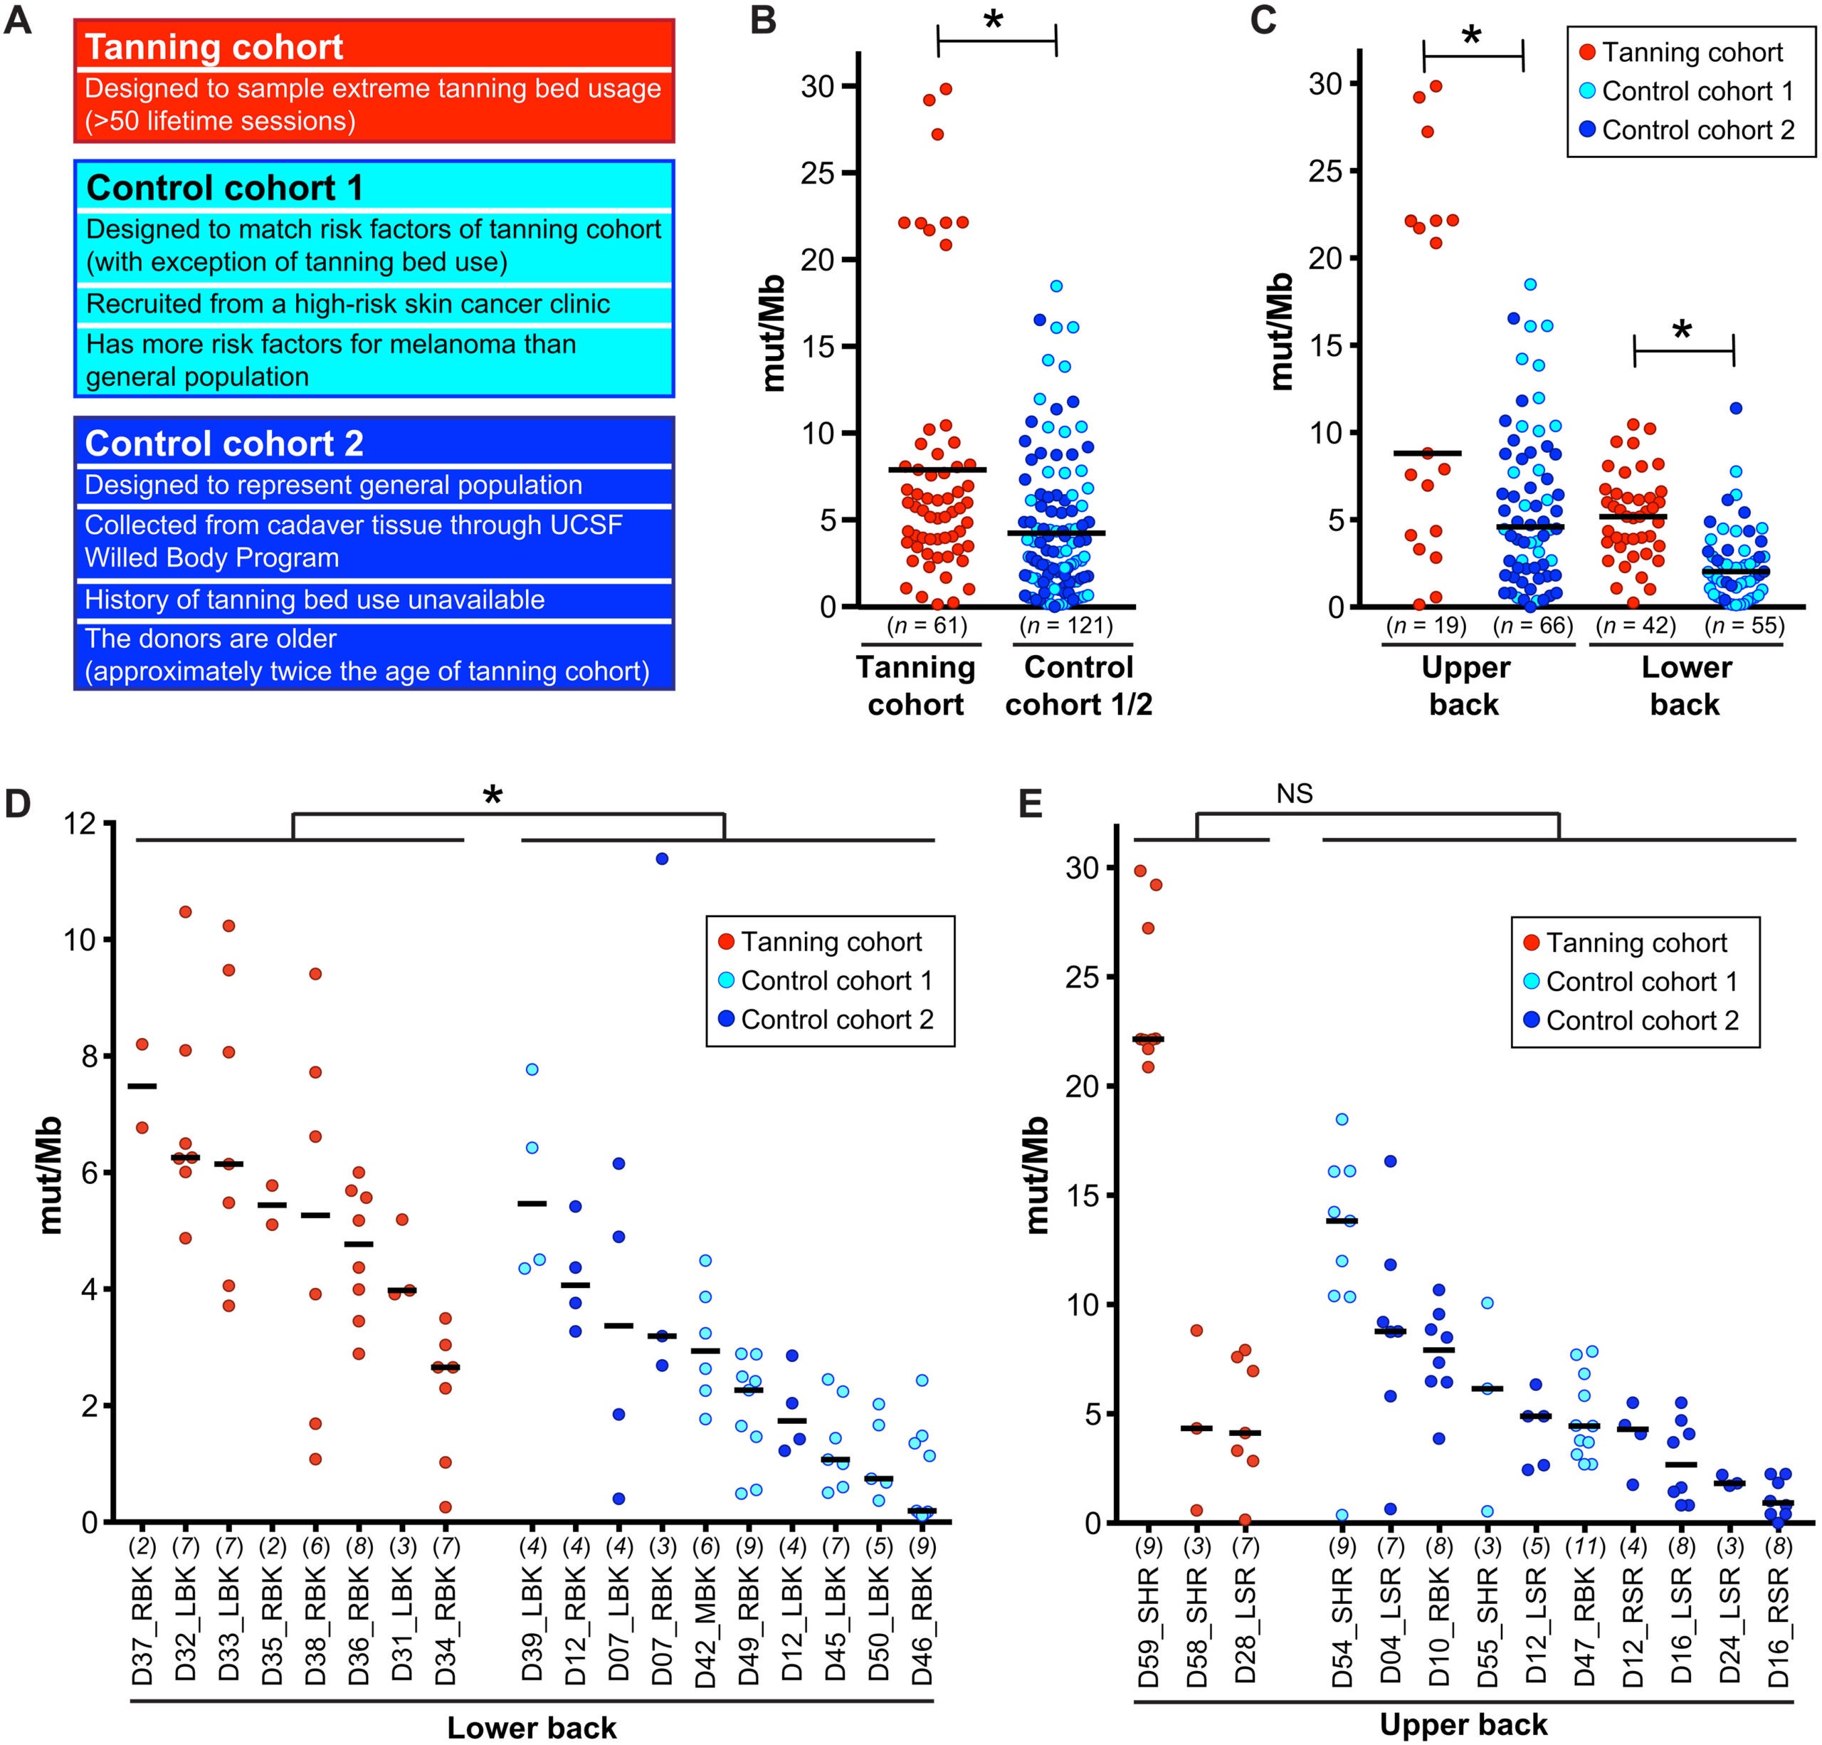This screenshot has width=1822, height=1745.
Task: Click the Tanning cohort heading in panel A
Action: click(215, 46)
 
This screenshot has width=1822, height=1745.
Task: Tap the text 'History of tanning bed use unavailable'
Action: click(314, 599)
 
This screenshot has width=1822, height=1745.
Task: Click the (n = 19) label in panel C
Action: click(1426, 626)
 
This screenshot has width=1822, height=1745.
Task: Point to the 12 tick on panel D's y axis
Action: click(85, 824)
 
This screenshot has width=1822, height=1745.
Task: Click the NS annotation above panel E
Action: click(1294, 793)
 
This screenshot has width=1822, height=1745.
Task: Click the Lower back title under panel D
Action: click(532, 1727)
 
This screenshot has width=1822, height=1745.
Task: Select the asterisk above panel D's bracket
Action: click(493, 797)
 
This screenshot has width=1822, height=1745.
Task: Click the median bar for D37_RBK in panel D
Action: click(142, 1086)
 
